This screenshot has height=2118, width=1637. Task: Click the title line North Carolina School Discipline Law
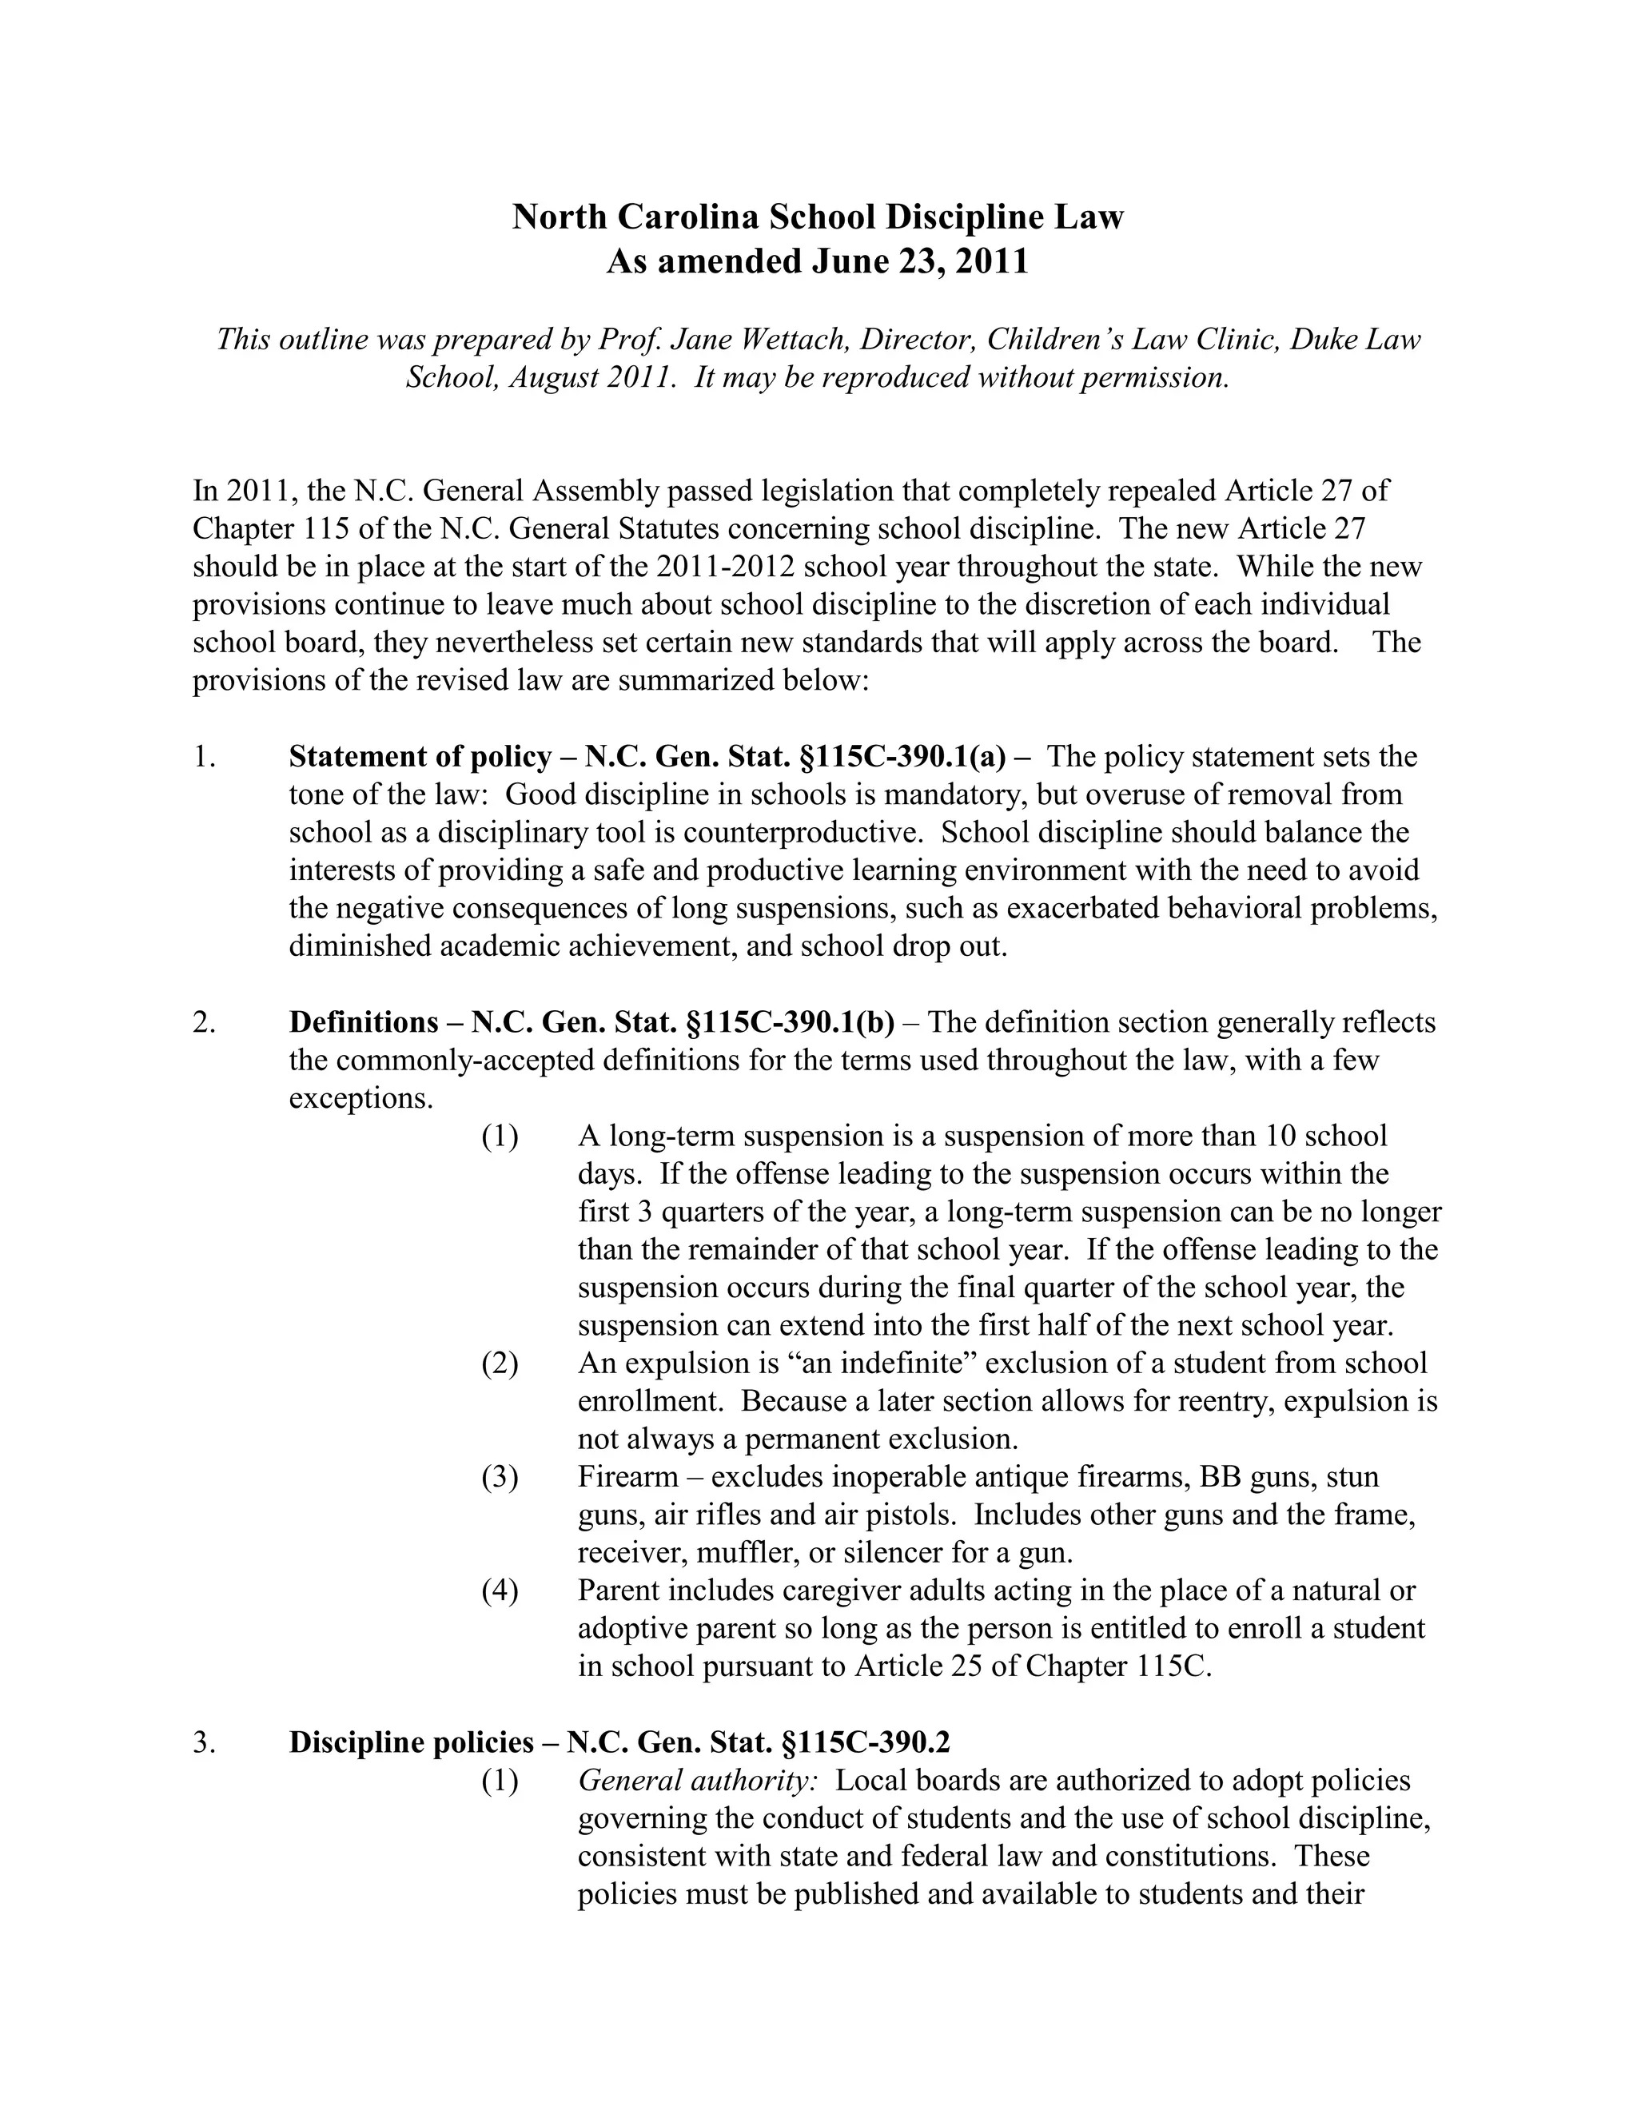818,217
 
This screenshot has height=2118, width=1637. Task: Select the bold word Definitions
364,1022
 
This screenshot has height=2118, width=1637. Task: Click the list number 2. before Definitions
204,1022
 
